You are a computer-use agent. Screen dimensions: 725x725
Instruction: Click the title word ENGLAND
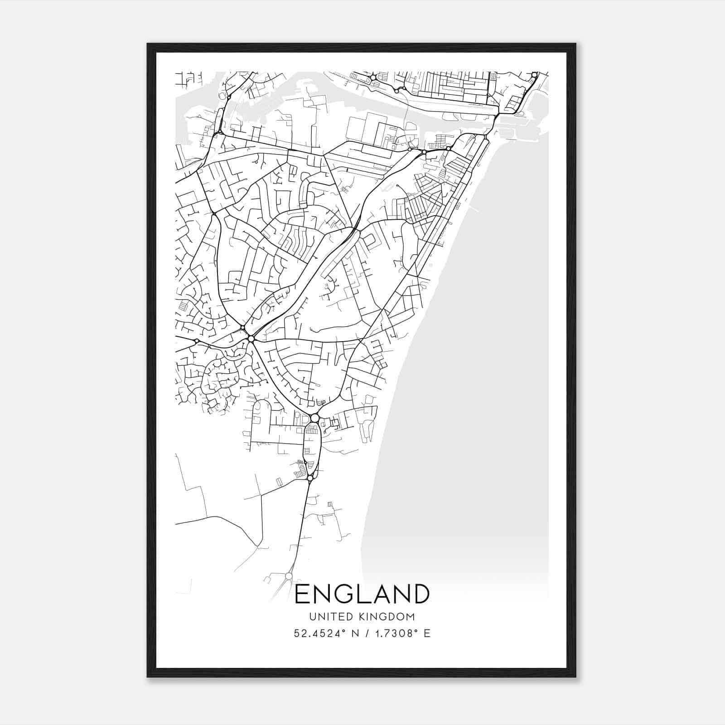[362, 594]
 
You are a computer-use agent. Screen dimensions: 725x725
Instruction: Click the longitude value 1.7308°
[394, 633]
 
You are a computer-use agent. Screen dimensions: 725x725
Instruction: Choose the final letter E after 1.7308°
[426, 633]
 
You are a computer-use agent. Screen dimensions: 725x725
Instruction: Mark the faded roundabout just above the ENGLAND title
[289, 576]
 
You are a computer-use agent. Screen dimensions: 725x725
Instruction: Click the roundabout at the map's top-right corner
[535, 75]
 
